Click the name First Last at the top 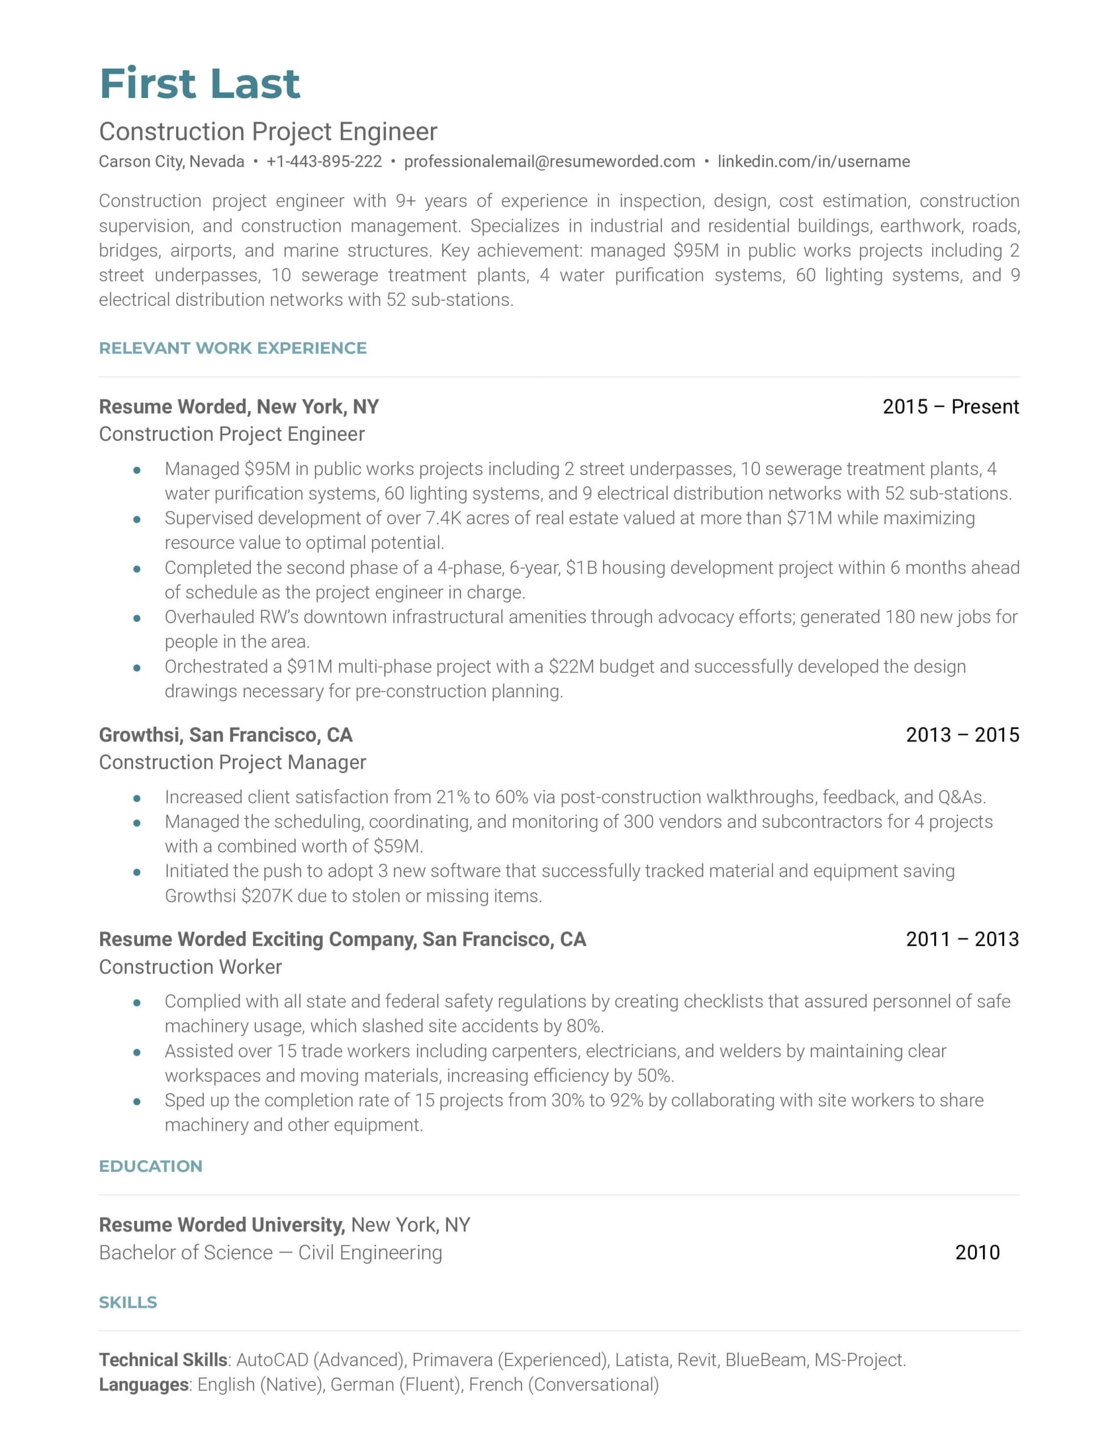pos(199,84)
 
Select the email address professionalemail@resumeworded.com pos(549,161)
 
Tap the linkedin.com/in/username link pos(813,161)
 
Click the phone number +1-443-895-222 pos(324,161)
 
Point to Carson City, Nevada pos(172,161)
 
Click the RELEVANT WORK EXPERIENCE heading pos(232,348)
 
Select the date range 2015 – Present pos(950,406)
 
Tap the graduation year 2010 pos(977,1252)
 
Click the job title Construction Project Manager pos(232,762)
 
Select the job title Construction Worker pos(191,967)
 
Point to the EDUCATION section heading pos(151,1166)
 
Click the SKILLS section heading pos(128,1302)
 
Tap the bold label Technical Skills pos(163,1360)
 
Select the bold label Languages pos(144,1384)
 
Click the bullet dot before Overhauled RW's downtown pos(137,617)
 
